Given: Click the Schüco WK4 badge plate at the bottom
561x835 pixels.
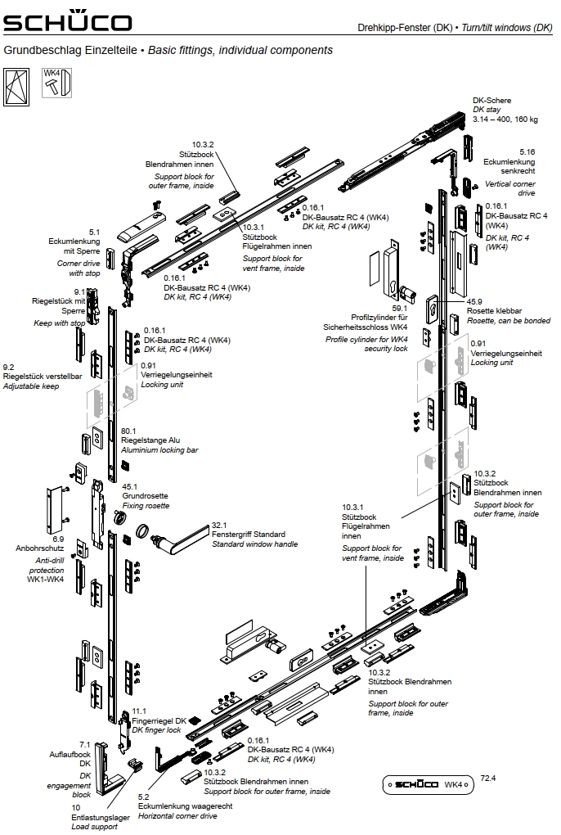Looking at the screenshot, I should [x=428, y=784].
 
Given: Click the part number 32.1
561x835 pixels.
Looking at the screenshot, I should [x=218, y=525].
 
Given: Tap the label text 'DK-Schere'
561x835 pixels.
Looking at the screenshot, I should [x=491, y=101].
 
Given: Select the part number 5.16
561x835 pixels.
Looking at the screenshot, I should [x=527, y=152].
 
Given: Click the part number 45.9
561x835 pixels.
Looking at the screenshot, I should [x=474, y=301].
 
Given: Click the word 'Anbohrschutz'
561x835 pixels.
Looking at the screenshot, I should [x=34, y=548].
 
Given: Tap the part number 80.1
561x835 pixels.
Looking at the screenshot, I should [x=128, y=431].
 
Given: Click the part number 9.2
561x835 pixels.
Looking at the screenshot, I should [x=9, y=368].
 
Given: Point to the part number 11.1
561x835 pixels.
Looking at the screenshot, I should [x=139, y=711].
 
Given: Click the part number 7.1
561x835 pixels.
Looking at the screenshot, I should [x=84, y=743].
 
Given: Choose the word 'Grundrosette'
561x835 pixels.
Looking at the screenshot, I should [x=145, y=496].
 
